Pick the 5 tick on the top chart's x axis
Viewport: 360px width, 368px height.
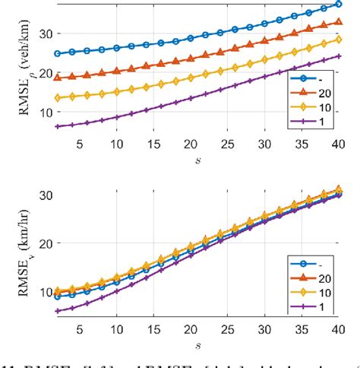point(79,144)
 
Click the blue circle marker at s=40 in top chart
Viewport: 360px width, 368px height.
point(338,5)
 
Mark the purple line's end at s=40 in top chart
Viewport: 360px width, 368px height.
point(338,56)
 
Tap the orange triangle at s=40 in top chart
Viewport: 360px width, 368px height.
point(338,22)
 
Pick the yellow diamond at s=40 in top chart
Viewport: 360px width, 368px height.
point(338,39)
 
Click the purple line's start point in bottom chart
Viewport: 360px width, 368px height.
point(57,310)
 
